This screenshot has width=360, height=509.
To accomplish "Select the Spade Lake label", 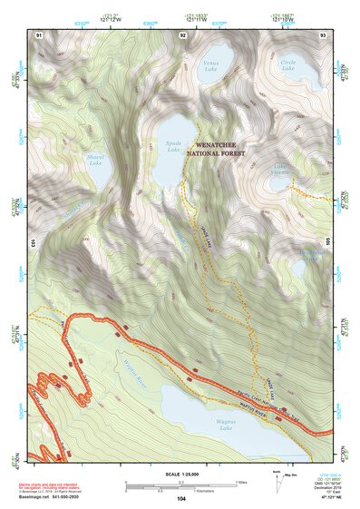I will [175, 145].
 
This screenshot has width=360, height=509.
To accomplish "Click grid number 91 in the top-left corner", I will [39, 34].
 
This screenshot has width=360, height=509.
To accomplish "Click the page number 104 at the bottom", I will [181, 498].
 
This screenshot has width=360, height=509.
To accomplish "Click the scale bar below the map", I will [180, 485].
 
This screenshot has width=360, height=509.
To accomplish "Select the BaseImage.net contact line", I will [54, 498].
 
